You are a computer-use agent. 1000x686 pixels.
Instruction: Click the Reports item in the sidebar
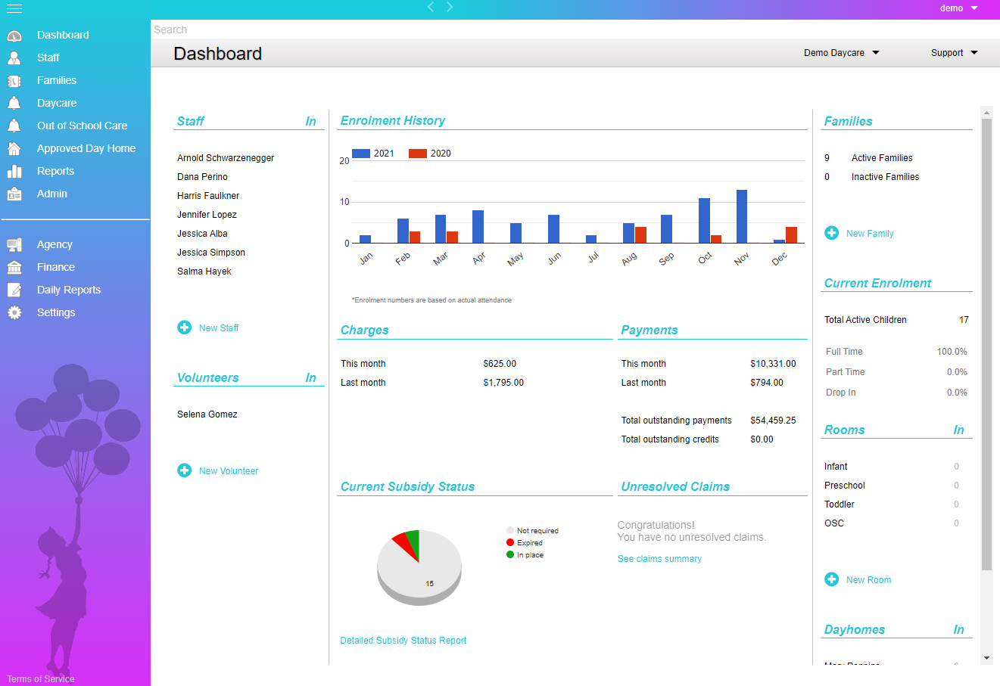pos(55,171)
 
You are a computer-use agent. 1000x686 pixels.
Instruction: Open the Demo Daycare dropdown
pos(841,53)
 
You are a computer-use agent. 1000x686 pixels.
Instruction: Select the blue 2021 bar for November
pos(742,216)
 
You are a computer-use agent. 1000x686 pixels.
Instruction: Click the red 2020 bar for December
pos(791,234)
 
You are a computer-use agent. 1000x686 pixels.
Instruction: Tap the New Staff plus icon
pos(185,327)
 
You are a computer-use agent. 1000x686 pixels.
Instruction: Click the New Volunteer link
pos(228,470)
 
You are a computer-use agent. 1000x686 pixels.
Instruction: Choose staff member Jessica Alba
pos(202,234)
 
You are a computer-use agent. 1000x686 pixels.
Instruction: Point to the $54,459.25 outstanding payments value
pos(773,421)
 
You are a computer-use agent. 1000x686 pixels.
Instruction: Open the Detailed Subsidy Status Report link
pos(403,641)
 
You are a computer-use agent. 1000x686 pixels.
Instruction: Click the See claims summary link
pos(659,559)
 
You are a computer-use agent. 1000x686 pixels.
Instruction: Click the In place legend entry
pos(530,555)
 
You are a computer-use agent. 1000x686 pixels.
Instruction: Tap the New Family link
pos(869,234)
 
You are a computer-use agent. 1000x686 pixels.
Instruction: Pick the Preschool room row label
pos(845,486)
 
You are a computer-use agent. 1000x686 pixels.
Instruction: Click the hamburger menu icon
pos(14,8)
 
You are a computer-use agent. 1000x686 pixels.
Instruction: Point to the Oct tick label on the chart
pos(705,258)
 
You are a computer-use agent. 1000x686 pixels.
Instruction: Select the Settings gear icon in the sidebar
pos(14,312)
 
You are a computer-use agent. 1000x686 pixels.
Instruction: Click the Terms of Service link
pos(41,679)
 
